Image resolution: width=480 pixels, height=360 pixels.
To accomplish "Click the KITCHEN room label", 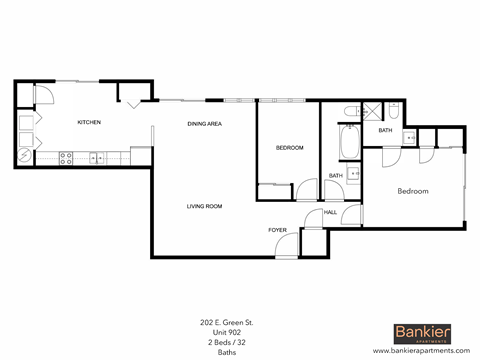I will click(x=89, y=122).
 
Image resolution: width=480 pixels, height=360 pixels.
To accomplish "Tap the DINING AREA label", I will click(x=204, y=123).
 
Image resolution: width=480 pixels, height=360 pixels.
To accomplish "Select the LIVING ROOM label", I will click(x=204, y=206).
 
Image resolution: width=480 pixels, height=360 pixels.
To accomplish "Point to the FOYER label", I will click(x=277, y=230).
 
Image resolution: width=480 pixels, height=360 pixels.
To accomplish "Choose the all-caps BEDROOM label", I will click(x=289, y=147).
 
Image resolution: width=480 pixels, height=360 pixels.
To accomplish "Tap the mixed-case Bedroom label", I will click(x=413, y=190).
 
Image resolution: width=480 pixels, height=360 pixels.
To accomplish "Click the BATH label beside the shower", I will click(x=385, y=131).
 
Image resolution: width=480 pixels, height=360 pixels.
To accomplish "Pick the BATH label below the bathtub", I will click(x=335, y=176).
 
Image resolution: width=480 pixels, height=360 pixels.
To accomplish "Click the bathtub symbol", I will click(x=347, y=142).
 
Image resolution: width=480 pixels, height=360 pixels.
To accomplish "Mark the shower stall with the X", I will click(x=367, y=112).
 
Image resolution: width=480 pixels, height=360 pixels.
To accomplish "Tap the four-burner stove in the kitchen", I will click(x=65, y=156).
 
